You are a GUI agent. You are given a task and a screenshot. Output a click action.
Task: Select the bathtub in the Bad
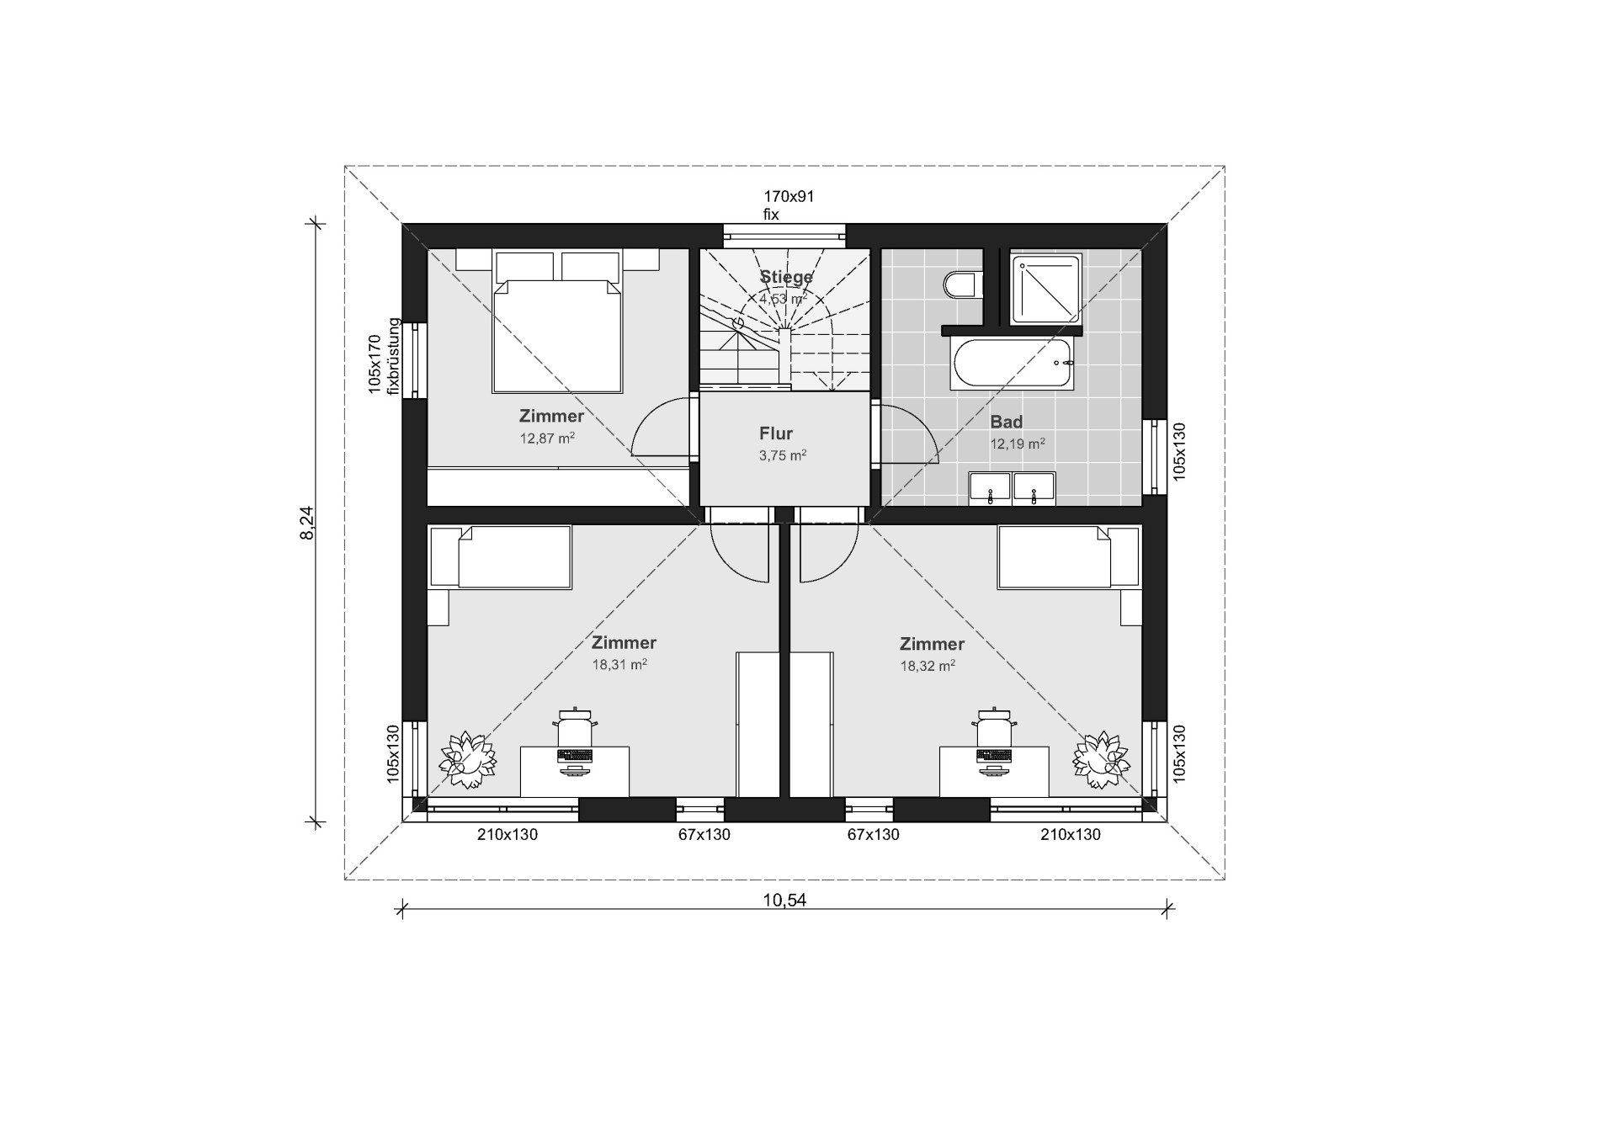point(1012,364)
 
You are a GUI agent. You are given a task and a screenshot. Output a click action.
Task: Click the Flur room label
point(776,433)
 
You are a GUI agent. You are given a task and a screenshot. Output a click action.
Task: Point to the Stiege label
point(787,277)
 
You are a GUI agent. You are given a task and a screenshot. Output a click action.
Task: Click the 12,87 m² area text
point(547,438)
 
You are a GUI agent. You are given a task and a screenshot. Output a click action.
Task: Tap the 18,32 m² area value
point(928,666)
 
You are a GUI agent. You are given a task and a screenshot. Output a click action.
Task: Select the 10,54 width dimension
point(784,900)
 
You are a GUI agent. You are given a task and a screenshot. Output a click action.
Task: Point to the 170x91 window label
point(789,197)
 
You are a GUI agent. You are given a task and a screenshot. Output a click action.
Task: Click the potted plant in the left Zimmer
point(467,760)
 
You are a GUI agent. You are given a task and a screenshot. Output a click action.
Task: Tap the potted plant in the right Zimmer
point(1101,760)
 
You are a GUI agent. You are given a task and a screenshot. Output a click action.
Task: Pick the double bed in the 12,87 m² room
point(556,322)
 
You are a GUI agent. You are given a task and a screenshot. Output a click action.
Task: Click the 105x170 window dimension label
point(375,364)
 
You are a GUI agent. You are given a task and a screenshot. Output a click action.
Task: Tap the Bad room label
point(1006,423)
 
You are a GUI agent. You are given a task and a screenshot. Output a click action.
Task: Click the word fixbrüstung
point(391,356)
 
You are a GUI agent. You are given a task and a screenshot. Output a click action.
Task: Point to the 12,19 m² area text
point(1018,444)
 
